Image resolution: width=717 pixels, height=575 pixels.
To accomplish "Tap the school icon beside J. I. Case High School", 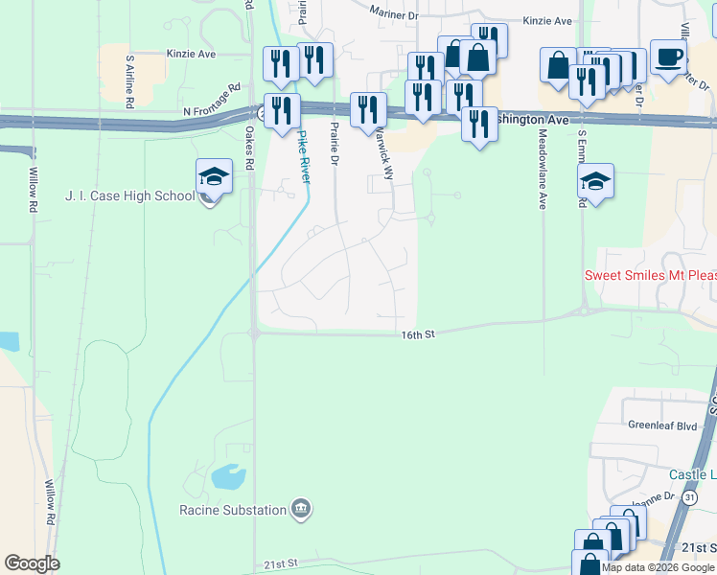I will [x=215, y=178].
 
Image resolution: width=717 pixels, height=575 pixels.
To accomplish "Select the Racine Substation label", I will [x=233, y=510].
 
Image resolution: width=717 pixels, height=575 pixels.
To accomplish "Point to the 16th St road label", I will [x=418, y=333].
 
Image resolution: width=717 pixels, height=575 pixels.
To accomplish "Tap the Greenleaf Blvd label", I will [x=662, y=425].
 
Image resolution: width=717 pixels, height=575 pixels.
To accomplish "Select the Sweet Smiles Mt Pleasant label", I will [x=650, y=275].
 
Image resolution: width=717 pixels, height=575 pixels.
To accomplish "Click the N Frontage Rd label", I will [x=215, y=111].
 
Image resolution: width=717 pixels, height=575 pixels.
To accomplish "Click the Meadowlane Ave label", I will [x=543, y=171].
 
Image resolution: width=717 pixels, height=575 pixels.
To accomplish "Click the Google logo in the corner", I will [x=32, y=563].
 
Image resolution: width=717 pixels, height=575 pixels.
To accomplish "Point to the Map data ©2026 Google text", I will [x=659, y=567].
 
